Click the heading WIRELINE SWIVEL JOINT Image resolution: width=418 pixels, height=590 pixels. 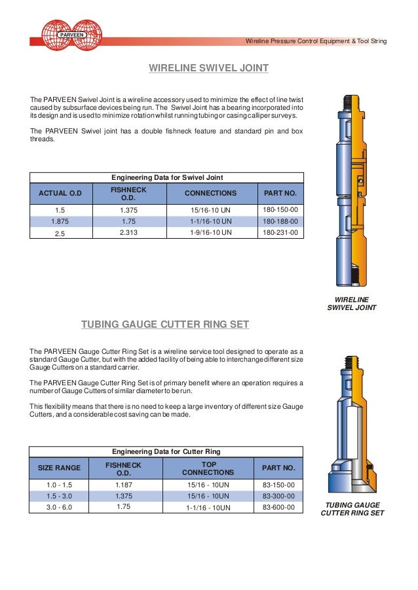click(209, 67)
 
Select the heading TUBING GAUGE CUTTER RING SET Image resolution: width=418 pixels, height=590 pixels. click(164, 324)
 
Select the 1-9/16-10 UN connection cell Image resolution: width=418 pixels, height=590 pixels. click(210, 232)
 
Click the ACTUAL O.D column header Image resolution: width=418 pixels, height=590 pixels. click(60, 194)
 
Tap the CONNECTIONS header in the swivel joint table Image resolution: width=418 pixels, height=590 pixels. click(210, 194)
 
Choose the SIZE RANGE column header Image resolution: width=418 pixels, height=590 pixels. click(59, 468)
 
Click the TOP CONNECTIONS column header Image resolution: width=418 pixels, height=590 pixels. click(208, 468)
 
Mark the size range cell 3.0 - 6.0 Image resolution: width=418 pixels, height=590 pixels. click(59, 507)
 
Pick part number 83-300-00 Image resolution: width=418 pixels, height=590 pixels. click(278, 496)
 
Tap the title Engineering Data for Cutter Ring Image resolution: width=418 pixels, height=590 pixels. click(166, 451)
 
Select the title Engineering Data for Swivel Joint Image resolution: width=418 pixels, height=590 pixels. click(166, 177)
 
